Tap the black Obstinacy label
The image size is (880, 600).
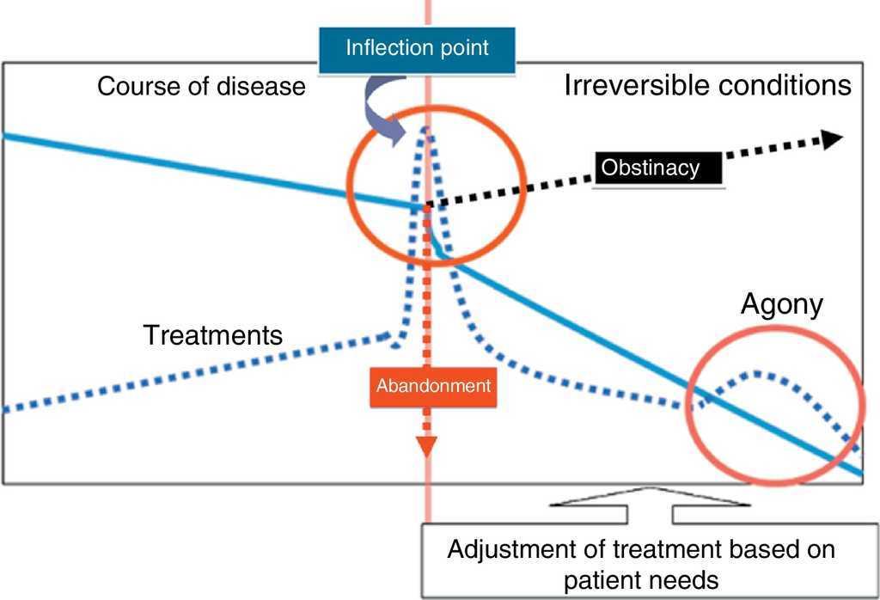651,168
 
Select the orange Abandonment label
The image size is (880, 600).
433,385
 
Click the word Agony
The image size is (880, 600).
782,303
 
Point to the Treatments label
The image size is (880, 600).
213,334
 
